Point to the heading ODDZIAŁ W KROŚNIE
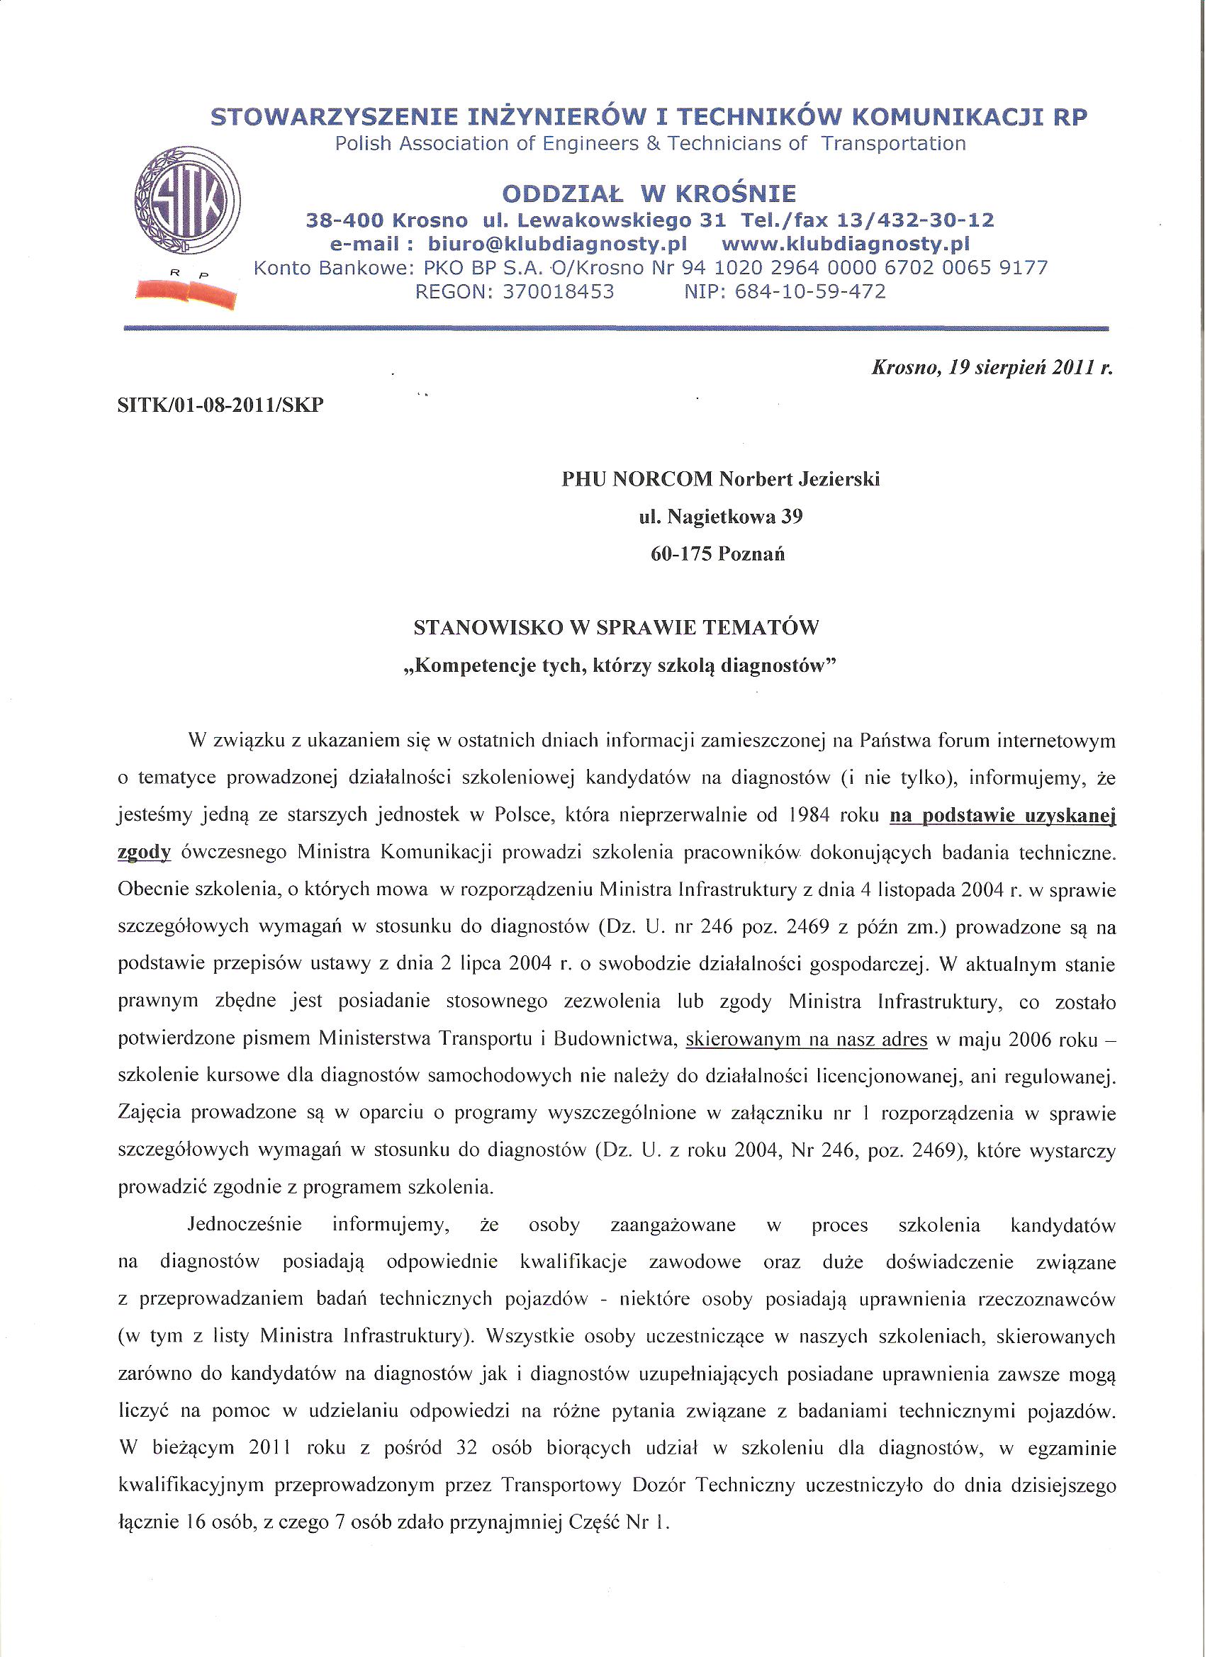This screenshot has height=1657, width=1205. click(649, 193)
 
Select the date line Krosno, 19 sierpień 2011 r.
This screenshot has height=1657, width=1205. click(992, 369)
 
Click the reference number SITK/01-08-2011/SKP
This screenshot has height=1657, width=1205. click(220, 406)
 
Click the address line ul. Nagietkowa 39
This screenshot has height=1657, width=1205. click(720, 517)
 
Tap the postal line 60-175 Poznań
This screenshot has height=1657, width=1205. click(717, 554)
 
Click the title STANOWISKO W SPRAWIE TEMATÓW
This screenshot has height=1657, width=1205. click(617, 627)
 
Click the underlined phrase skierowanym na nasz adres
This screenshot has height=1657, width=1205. click(807, 1039)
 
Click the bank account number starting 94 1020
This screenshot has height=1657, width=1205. click(865, 267)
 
